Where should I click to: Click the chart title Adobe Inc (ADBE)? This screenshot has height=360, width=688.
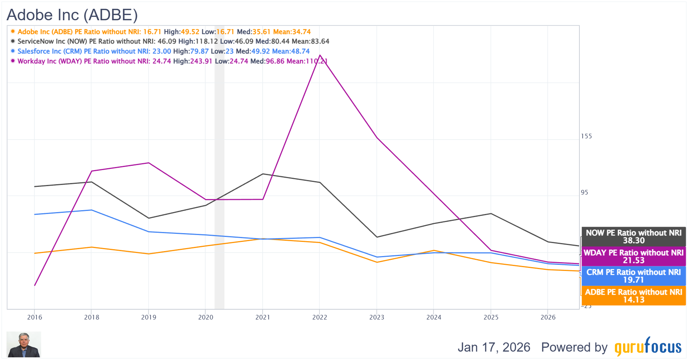click(72, 15)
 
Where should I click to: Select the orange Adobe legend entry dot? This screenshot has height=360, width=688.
click(13, 31)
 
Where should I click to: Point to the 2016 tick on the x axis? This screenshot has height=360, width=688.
click(35, 317)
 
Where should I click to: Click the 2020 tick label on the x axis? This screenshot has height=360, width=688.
click(206, 317)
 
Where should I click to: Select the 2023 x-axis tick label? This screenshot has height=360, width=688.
click(377, 317)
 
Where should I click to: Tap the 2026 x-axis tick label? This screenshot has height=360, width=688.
click(548, 317)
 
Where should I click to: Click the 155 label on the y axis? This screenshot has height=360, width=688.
click(586, 136)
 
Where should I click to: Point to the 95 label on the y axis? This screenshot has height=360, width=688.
click(584, 193)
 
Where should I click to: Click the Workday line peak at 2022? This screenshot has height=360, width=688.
click(320, 55)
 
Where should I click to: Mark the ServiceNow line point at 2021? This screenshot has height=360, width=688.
click(263, 174)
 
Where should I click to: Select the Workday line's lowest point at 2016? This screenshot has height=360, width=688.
click(35, 285)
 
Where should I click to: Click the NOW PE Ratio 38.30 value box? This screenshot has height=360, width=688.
click(633, 237)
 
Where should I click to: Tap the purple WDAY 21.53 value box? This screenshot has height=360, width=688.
click(633, 256)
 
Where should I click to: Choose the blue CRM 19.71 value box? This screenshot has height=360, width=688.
click(633, 276)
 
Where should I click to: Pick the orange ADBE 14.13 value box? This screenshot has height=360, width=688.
click(633, 296)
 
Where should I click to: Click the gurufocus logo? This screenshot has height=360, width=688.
click(648, 346)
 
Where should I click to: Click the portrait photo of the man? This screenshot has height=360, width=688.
click(24, 344)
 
